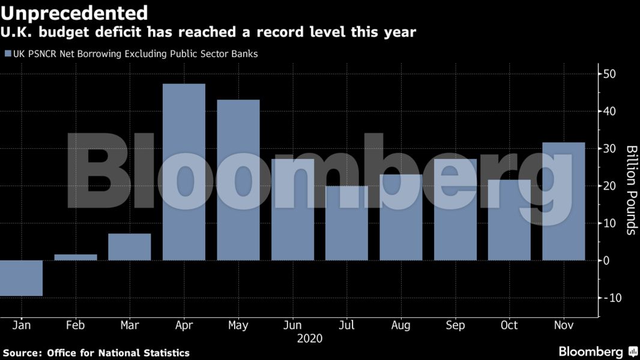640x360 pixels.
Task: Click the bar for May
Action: pyautogui.click(x=238, y=180)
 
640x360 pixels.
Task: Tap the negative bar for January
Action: pyautogui.click(x=22, y=278)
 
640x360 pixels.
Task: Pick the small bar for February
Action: pyautogui.click(x=76, y=257)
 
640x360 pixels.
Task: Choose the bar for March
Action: pyautogui.click(x=130, y=247)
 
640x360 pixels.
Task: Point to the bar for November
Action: pyautogui.click(x=563, y=201)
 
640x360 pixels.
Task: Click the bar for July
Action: pyautogui.click(x=346, y=223)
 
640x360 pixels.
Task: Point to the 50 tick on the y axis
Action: pyautogui.click(x=609, y=74)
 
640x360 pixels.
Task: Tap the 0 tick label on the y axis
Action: pyautogui.click(x=606, y=260)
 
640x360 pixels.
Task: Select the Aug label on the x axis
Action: pyautogui.click(x=400, y=325)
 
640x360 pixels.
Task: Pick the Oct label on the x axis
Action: pyautogui.click(x=509, y=325)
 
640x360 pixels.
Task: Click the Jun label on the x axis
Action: pyautogui.click(x=292, y=325)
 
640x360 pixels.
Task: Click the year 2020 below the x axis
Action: pyautogui.click(x=310, y=338)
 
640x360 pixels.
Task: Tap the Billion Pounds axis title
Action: pyautogui.click(x=631, y=190)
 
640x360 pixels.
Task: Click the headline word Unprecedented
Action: pyautogui.click(x=74, y=13)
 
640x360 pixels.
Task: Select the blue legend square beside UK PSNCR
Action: pyautogui.click(x=8, y=54)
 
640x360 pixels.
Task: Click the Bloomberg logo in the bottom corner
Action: pyautogui.click(x=591, y=352)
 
